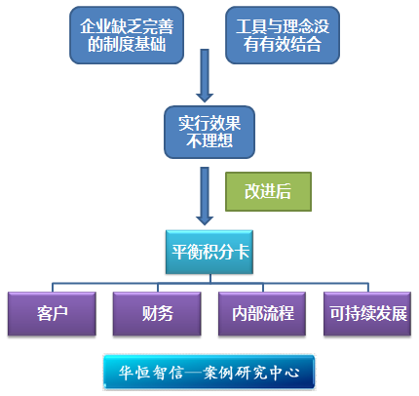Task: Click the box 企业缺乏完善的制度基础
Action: [x=127, y=35]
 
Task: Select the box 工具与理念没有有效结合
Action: [x=283, y=35]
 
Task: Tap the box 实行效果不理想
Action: [x=209, y=132]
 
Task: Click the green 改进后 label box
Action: [x=268, y=191]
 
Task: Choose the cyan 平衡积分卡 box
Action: [x=209, y=252]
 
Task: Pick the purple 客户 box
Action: [x=52, y=314]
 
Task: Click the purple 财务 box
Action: [x=157, y=314]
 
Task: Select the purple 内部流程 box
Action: [x=262, y=314]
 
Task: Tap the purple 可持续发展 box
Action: [x=367, y=314]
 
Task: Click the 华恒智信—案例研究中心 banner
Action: [x=209, y=373]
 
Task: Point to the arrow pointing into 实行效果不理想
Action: [x=205, y=76]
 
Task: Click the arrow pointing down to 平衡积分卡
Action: [x=205, y=196]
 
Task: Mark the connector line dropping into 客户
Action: [x=53, y=288]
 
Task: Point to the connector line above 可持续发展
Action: [x=368, y=288]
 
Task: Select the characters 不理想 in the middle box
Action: [x=209, y=141]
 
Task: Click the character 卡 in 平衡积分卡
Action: [x=242, y=252]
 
